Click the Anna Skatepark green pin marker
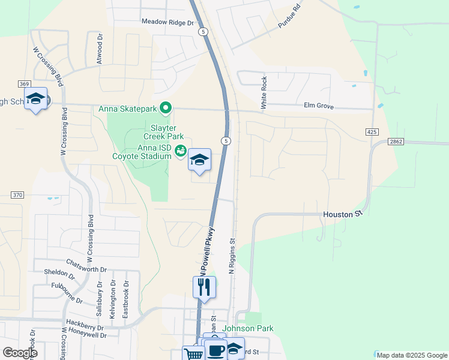[x=167, y=109]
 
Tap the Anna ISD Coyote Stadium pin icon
[x=180, y=154]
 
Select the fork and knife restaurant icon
[x=204, y=287]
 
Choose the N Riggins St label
[x=232, y=255]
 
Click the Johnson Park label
[x=248, y=328]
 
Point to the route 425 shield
[x=371, y=131]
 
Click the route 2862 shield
[x=396, y=141]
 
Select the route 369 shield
[x=25, y=83]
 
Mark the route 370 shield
[x=17, y=195]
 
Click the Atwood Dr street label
[x=100, y=49]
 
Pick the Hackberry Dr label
[x=85, y=322]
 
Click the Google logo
[x=20, y=353]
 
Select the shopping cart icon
[x=193, y=353]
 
